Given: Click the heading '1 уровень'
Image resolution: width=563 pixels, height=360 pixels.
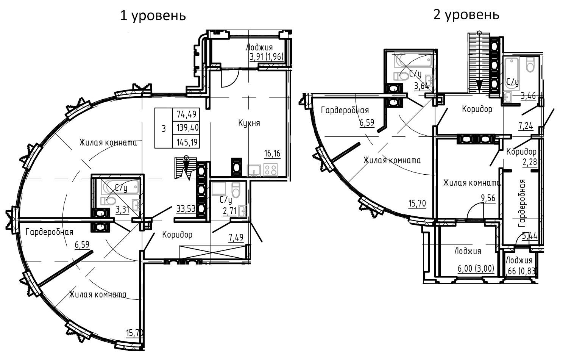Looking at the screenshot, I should (153, 16).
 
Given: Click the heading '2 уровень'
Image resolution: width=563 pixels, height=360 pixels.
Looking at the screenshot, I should (466, 15).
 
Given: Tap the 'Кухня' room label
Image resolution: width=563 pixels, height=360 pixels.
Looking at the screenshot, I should (249, 123).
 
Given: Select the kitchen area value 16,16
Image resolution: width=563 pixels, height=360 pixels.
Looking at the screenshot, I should (272, 153).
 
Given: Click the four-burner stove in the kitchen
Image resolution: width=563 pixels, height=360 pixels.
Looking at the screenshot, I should (271, 169).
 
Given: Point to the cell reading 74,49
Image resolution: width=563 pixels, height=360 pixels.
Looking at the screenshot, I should (186, 114).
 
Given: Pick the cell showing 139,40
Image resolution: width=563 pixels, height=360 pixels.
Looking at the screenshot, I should (186, 128).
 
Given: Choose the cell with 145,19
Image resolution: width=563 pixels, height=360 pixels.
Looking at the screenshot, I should (186, 142).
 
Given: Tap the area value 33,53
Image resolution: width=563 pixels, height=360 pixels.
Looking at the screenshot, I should (186, 208).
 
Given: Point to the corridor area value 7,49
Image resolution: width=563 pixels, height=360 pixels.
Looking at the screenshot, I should (235, 238).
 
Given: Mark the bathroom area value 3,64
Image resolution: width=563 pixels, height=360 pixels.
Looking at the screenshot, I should (421, 86).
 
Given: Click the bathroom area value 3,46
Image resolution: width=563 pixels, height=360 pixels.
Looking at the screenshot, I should (528, 95).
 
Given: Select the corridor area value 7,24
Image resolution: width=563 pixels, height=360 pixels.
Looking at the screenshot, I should (525, 125).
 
